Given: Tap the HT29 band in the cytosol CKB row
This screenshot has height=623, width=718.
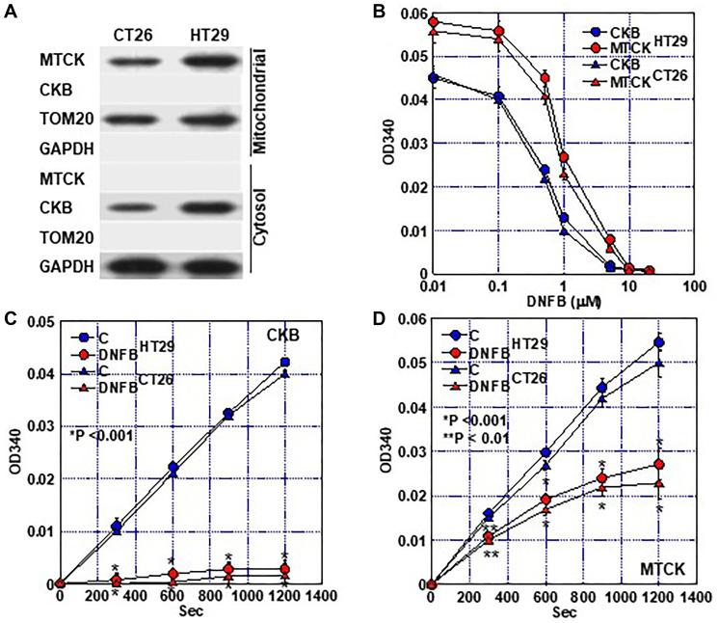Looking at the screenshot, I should coord(204,208).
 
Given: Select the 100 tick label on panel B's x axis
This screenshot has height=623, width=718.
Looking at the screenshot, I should coord(688,287).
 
